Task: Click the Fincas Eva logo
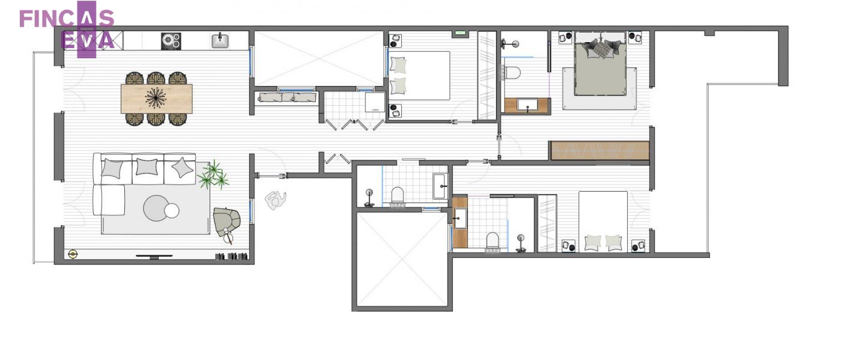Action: pyautogui.click(x=67, y=29)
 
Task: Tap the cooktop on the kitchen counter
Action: pyautogui.click(x=171, y=41)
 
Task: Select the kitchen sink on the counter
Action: pyautogui.click(x=220, y=41)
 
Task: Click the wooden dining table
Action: pyautogui.click(x=157, y=99)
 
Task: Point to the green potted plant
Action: pyautogui.click(x=213, y=175)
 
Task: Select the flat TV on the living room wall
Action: pyautogui.click(x=154, y=256)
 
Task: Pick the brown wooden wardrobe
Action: pyautogui.click(x=600, y=151)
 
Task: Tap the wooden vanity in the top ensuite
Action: pyautogui.click(x=527, y=106)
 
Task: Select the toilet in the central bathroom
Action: pyautogui.click(x=397, y=195)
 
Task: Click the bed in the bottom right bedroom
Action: pyautogui.click(x=603, y=221)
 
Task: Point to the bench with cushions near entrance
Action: pyautogui.click(x=288, y=98)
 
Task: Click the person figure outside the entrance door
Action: pyautogui.click(x=276, y=200)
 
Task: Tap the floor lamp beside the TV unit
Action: pyautogui.click(x=73, y=254)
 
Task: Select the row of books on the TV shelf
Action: pyautogui.click(x=231, y=256)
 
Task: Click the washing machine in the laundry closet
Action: pyautogui.click(x=375, y=102)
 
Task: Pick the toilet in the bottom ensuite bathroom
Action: pyautogui.click(x=492, y=240)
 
